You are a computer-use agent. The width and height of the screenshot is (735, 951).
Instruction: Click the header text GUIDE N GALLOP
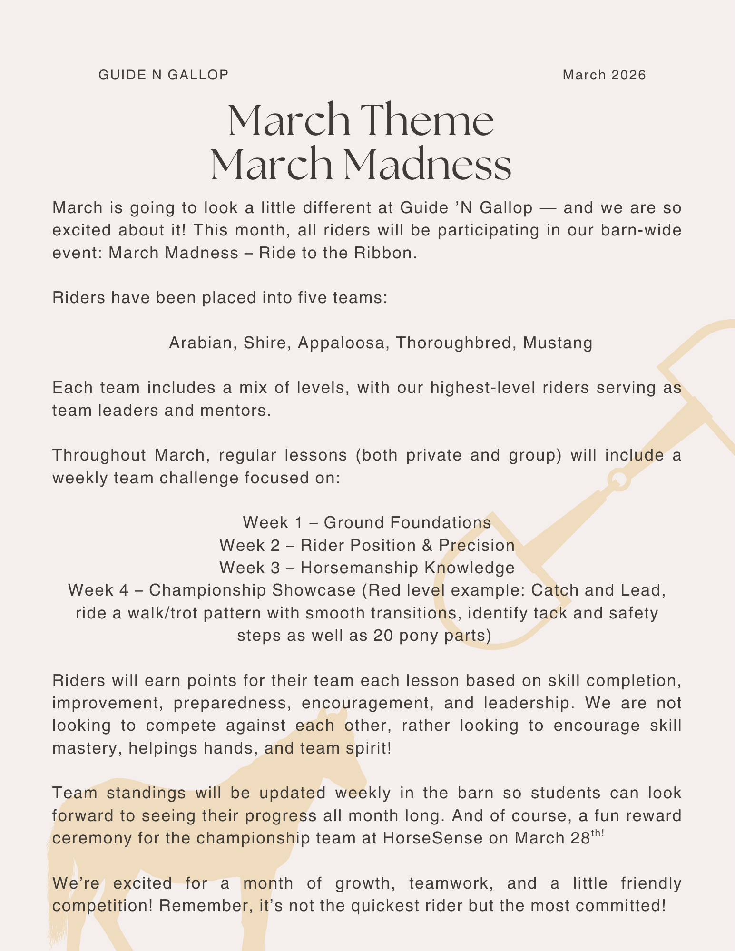(163, 75)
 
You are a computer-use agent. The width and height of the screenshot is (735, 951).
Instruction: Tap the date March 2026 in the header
(604, 75)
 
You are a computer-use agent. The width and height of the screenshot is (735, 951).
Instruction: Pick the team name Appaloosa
(341, 343)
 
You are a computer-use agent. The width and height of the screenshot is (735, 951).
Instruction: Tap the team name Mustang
(558, 343)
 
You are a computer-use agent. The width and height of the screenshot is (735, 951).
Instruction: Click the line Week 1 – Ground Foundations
(367, 522)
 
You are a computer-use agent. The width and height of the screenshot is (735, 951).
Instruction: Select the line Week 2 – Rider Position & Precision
(367, 545)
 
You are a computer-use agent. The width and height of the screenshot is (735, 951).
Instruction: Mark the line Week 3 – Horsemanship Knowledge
(367, 568)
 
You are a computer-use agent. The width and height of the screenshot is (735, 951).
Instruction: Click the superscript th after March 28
(597, 833)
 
